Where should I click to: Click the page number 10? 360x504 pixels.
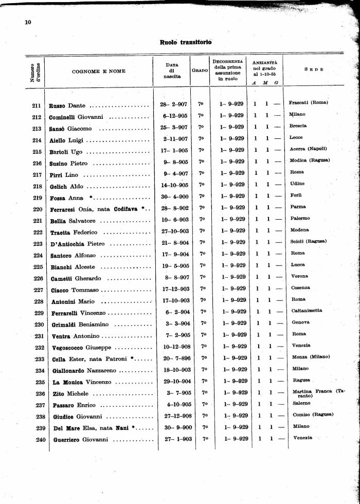28,22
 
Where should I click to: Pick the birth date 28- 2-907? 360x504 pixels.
170,104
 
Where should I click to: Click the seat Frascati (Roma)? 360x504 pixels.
309,102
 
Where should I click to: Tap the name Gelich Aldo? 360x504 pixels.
66,186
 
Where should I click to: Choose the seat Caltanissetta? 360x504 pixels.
307,310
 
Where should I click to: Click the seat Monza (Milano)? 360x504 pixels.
311,357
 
